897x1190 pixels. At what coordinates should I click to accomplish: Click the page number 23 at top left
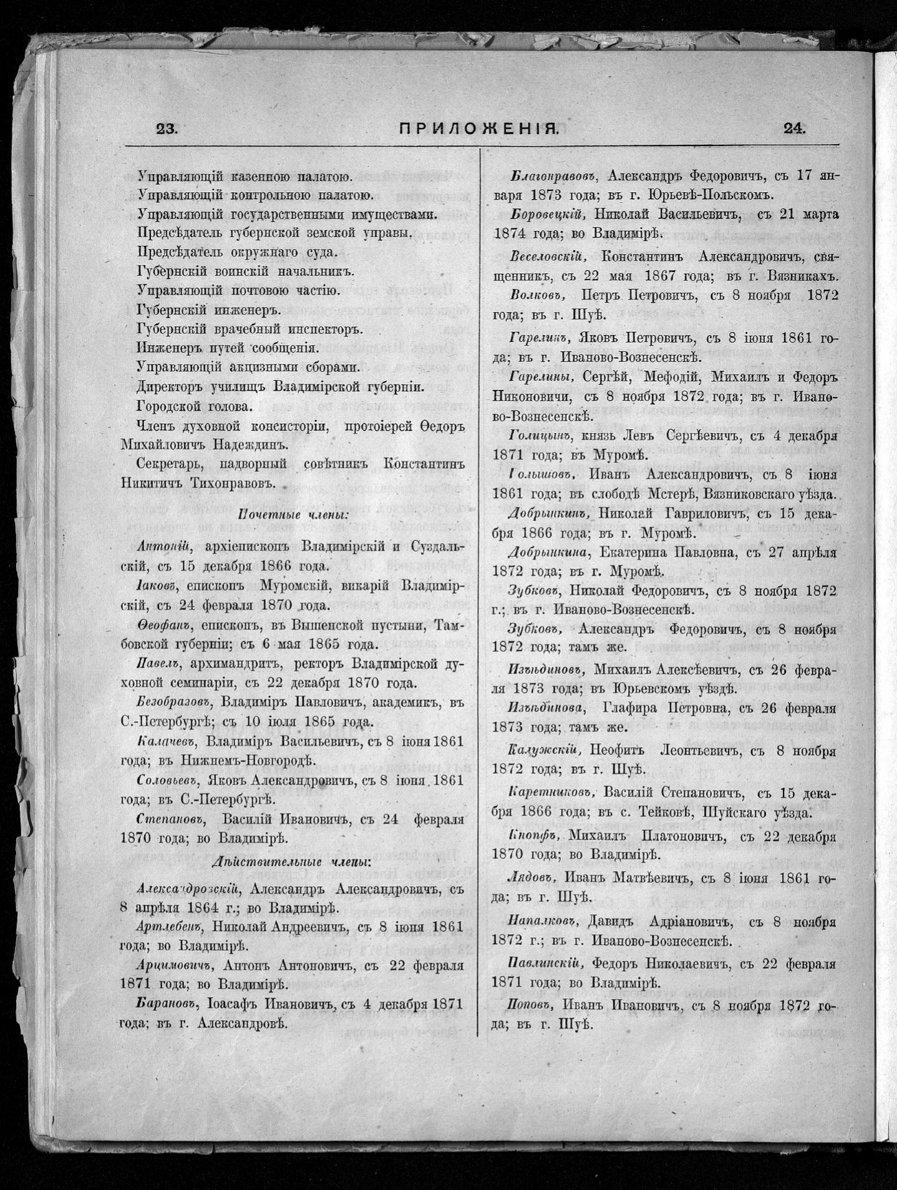click(167, 129)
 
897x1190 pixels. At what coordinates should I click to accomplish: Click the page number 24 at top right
click(794, 129)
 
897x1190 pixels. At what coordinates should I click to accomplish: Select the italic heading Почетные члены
click(293, 515)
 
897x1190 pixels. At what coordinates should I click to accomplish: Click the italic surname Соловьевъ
click(168, 780)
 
